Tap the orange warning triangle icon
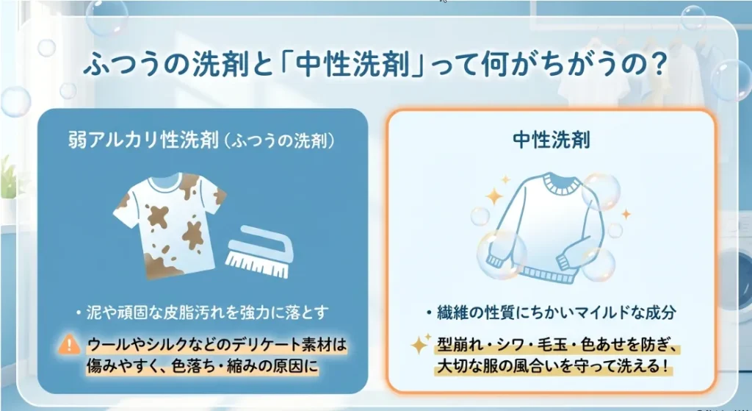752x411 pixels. (69, 344)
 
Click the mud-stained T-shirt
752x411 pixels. (169, 225)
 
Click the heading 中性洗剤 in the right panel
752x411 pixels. (552, 140)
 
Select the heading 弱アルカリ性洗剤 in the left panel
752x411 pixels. (143, 140)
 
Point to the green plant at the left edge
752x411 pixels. (7, 178)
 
